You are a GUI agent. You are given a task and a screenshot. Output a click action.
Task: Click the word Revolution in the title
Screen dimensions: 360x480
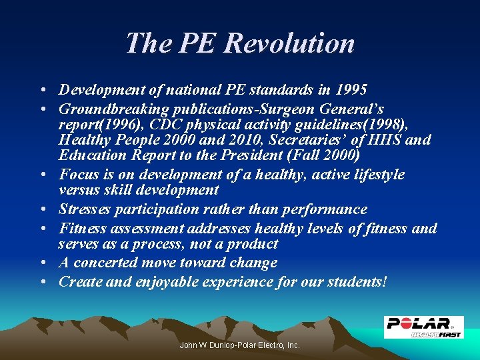(x=289, y=43)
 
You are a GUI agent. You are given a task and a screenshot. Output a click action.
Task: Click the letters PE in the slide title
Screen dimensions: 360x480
(x=199, y=43)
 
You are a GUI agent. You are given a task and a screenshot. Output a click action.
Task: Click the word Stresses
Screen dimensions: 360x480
(x=85, y=209)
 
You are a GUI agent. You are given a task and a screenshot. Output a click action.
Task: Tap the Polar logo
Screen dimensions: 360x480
(x=423, y=327)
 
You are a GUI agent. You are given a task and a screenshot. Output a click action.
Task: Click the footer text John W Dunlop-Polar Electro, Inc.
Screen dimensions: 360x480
(x=240, y=345)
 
